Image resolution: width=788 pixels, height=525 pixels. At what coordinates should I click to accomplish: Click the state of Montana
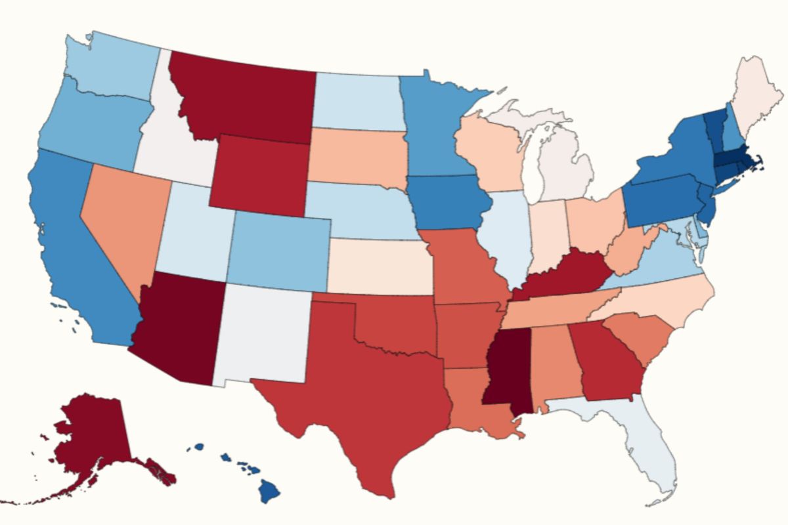point(243,98)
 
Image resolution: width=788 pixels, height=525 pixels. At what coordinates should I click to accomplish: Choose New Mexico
point(263,335)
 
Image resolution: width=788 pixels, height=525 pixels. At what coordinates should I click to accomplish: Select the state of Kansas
point(381,266)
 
